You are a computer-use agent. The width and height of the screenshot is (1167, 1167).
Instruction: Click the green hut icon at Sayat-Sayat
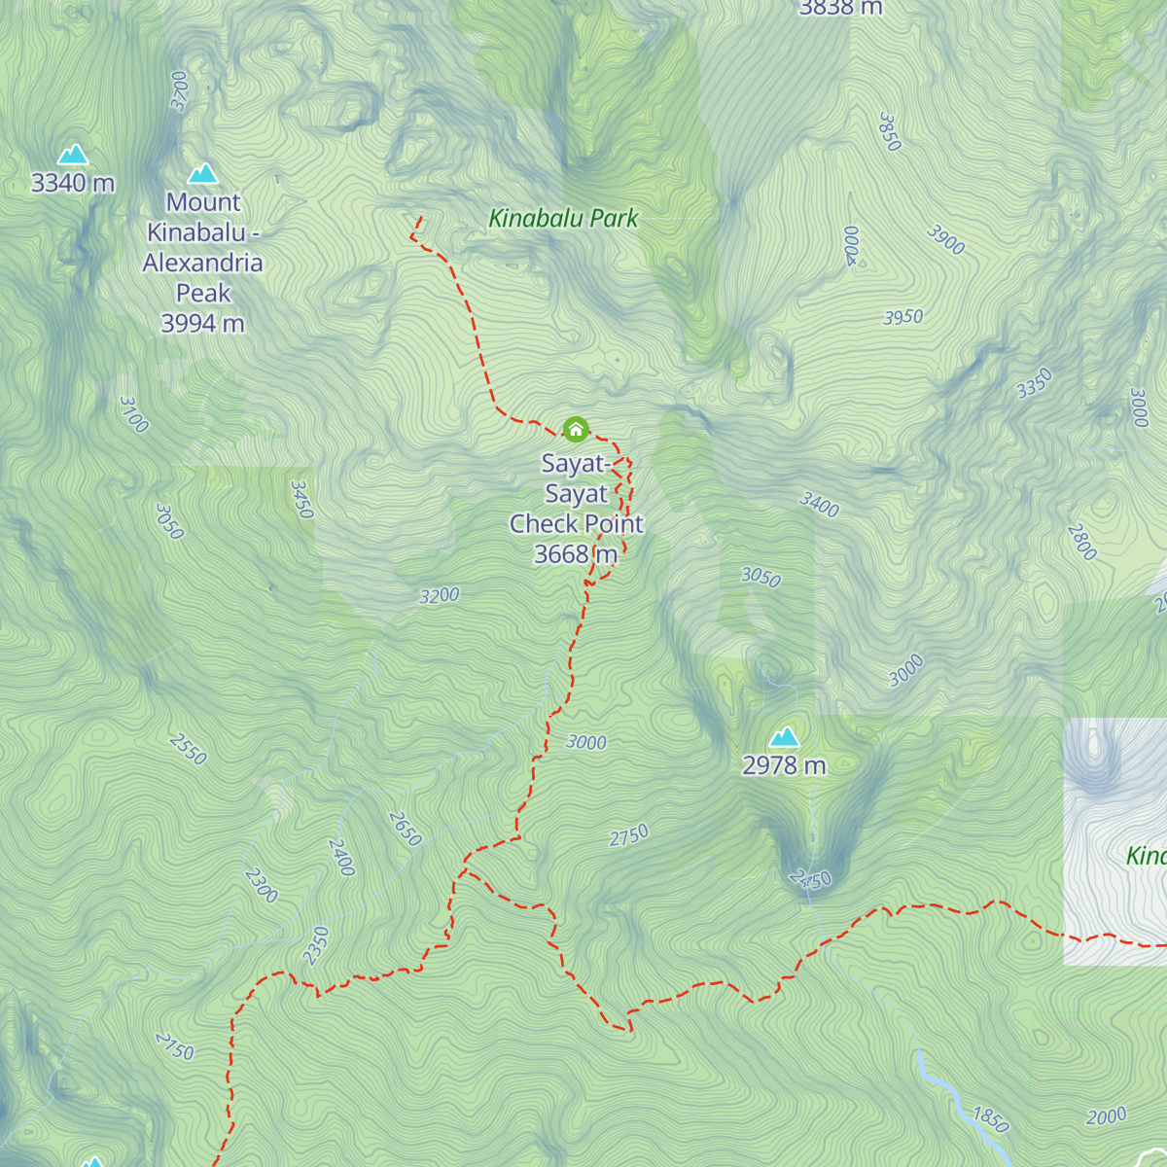(576, 429)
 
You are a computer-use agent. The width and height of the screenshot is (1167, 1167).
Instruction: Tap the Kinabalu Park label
(563, 219)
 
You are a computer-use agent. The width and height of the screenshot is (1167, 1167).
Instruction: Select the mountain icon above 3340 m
(73, 156)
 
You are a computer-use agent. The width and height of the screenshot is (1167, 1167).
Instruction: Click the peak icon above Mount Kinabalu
(202, 173)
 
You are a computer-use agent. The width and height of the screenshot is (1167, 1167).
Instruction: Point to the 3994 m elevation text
(202, 324)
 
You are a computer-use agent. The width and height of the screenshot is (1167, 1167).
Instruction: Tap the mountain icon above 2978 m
(784, 737)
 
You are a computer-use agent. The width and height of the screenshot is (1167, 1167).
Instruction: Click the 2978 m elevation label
(784, 766)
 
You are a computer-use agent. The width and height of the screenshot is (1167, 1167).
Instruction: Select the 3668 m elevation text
(576, 554)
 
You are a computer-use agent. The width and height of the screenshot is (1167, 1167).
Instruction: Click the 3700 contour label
(179, 90)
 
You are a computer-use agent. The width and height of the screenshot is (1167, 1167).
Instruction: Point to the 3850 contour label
(889, 131)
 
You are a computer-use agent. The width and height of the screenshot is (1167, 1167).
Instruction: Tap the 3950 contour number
(902, 317)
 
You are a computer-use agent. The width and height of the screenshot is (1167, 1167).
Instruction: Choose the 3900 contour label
(945, 239)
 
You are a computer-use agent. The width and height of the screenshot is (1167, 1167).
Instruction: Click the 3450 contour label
(301, 499)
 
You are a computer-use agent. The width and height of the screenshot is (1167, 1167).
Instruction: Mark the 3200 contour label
(439, 595)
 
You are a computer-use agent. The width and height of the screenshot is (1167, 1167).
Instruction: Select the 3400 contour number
(819, 504)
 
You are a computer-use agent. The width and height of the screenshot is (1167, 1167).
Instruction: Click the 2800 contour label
(1081, 542)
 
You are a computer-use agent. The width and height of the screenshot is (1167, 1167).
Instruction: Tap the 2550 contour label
(188, 749)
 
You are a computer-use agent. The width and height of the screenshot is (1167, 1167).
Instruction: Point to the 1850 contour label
(991, 1120)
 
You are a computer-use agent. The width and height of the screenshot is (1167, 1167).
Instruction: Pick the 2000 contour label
(1106, 1116)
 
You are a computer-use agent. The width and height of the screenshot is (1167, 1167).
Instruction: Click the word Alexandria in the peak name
(202, 264)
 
